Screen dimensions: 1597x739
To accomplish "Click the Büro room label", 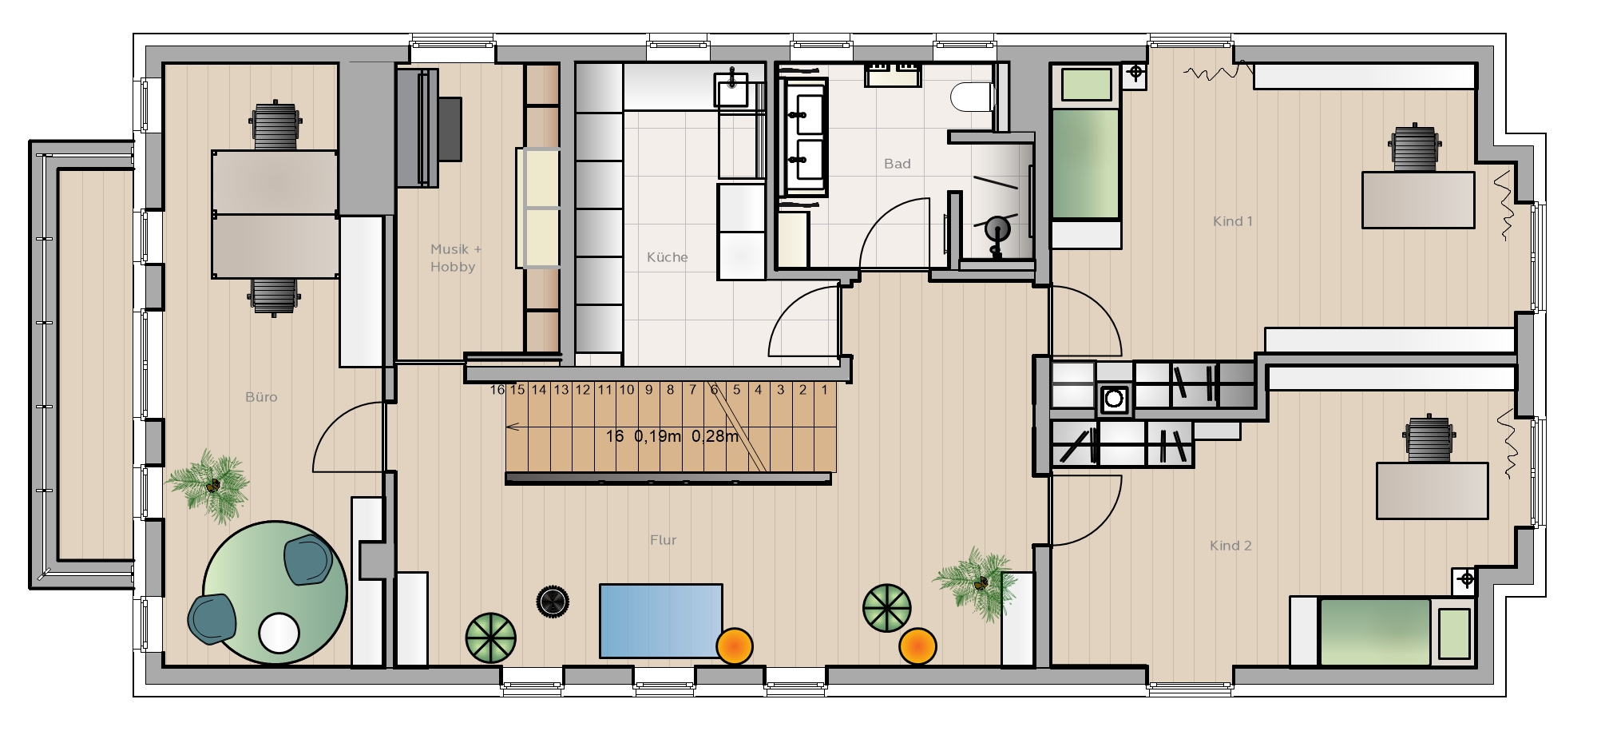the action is pyautogui.click(x=261, y=397).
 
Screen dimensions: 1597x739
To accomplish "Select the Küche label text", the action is pyautogui.click(x=668, y=257).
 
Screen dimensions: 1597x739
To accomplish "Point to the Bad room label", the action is pyautogui.click(x=898, y=164).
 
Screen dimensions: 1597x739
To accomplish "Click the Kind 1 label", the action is pyautogui.click(x=1233, y=221).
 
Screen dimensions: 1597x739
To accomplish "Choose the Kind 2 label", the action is pyautogui.click(x=1230, y=546).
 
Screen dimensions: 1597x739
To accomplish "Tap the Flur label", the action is pyautogui.click(x=664, y=540).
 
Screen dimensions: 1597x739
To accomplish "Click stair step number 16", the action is pyautogui.click(x=497, y=390).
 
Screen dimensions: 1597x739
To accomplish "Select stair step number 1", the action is pyautogui.click(x=825, y=390).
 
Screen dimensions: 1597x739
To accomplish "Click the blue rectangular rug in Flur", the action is pyautogui.click(x=661, y=621).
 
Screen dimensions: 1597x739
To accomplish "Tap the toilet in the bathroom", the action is pyautogui.click(x=972, y=97).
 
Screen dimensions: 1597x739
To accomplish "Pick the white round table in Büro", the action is pyautogui.click(x=279, y=633).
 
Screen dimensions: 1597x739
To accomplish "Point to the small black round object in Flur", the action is pyautogui.click(x=552, y=602).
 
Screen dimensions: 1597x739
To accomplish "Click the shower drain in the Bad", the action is pyautogui.click(x=997, y=229).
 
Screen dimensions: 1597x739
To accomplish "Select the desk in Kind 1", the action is pyautogui.click(x=1418, y=200).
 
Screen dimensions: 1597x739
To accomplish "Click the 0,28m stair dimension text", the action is pyautogui.click(x=715, y=436).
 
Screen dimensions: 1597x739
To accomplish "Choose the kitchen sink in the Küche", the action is pyautogui.click(x=732, y=89).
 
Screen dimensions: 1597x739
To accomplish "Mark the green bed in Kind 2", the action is pyautogui.click(x=1374, y=632).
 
